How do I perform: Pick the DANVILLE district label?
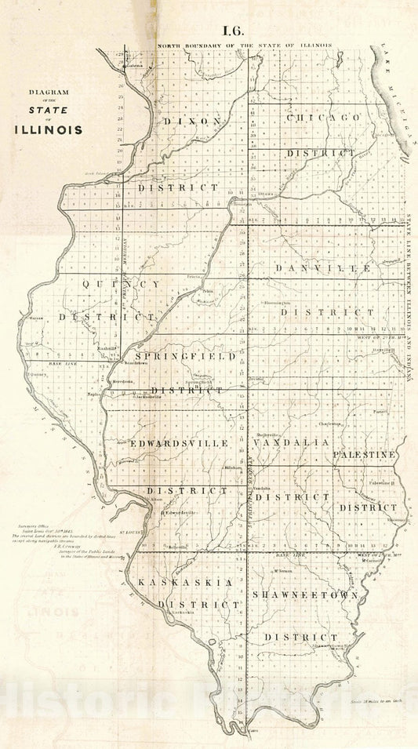[x=322, y=268]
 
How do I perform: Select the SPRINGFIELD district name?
[x=187, y=356]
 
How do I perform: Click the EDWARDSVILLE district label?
[x=180, y=443]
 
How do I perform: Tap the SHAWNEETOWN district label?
[x=305, y=595]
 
